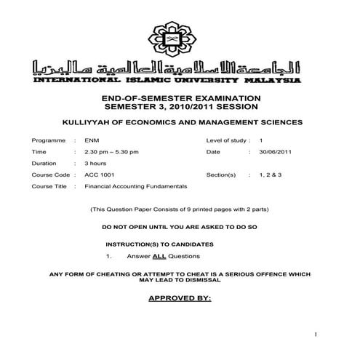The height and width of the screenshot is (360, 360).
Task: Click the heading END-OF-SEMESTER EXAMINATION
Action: [x=180, y=97]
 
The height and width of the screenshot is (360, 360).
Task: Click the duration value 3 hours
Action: [x=96, y=163]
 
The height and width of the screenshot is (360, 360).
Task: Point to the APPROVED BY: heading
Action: [x=180, y=298]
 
